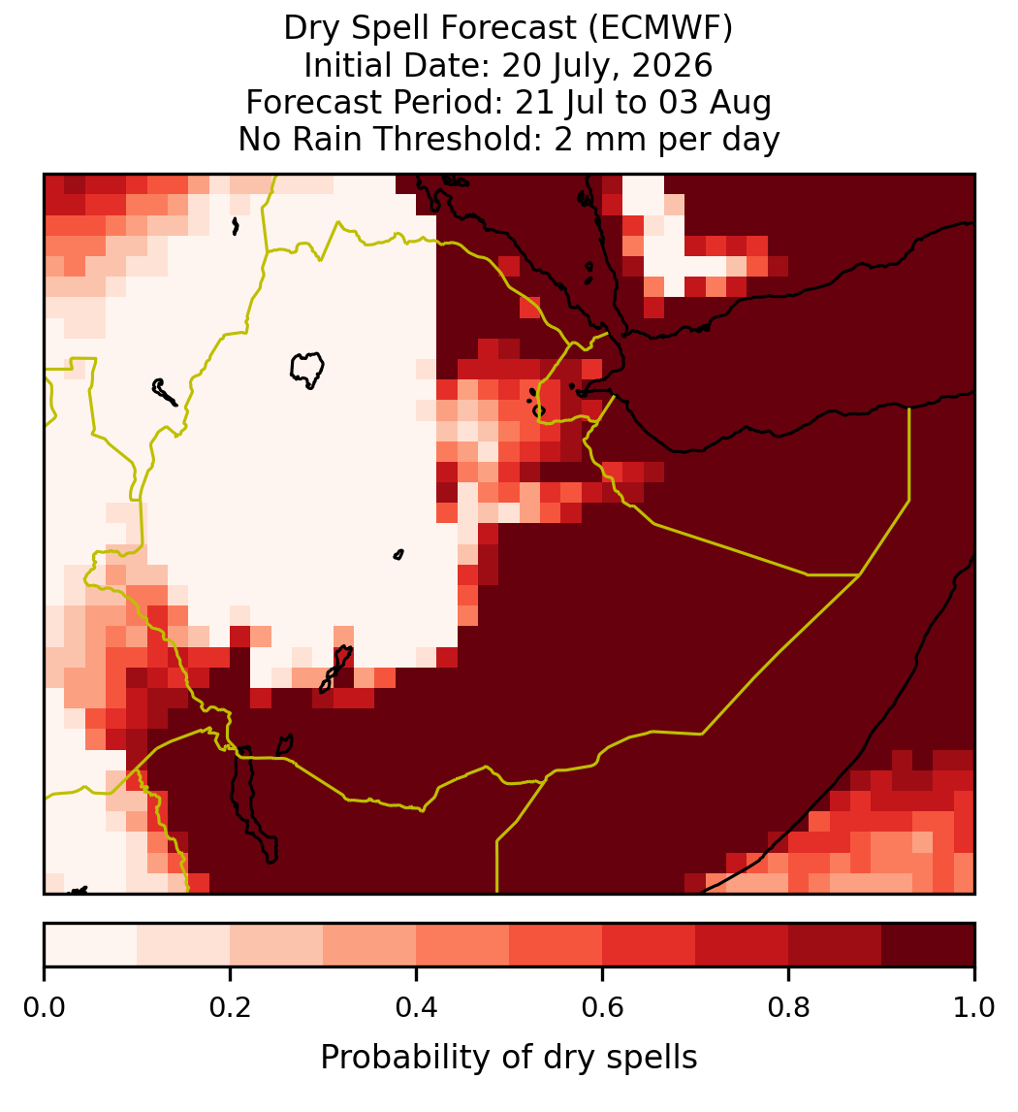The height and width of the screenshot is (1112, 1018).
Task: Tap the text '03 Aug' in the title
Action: tap(715, 104)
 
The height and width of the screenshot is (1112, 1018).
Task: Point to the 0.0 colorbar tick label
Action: tap(44, 1007)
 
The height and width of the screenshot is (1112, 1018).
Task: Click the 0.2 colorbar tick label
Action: tap(230, 1007)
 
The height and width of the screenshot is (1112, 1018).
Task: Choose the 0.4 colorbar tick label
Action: tap(417, 1007)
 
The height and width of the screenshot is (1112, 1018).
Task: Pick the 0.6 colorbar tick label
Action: tap(603, 1007)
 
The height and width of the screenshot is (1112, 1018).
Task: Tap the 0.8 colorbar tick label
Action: tap(789, 1007)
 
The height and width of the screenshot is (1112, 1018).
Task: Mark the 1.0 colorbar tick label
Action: tap(974, 1007)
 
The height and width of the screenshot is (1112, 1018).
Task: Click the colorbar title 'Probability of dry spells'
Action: tap(509, 1058)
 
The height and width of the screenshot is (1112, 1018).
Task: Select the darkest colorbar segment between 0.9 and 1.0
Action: tap(929, 945)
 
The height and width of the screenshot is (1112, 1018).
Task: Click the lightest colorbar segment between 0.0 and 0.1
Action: tap(91, 945)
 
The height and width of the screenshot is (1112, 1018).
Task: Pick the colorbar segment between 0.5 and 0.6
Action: tap(557, 945)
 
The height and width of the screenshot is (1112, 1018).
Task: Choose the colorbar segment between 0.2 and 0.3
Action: tap(277, 945)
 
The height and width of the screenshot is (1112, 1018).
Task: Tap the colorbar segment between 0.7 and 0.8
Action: tap(743, 945)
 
